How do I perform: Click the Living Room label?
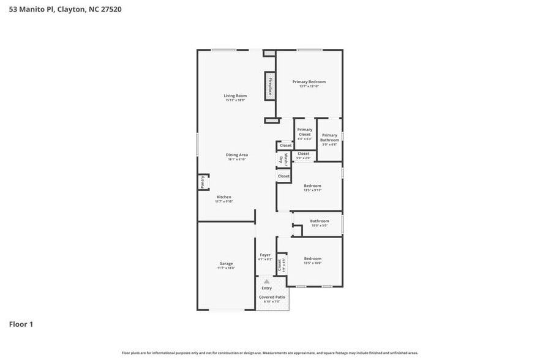coord(235,96)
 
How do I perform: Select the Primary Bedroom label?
coord(309,82)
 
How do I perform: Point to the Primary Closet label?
coord(304,132)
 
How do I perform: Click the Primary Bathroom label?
coord(329,138)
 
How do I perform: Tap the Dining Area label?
coord(236,156)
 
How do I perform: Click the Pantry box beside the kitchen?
coord(201,182)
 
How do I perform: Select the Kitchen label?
coord(223,197)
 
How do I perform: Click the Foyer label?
coord(265,255)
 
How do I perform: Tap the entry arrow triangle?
coord(266,281)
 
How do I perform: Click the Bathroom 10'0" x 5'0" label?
coord(319,222)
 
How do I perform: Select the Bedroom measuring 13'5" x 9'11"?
coord(312,186)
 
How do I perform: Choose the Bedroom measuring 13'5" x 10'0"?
coord(312,259)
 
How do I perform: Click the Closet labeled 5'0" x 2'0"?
coord(303,154)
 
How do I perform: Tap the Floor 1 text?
coord(21,324)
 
